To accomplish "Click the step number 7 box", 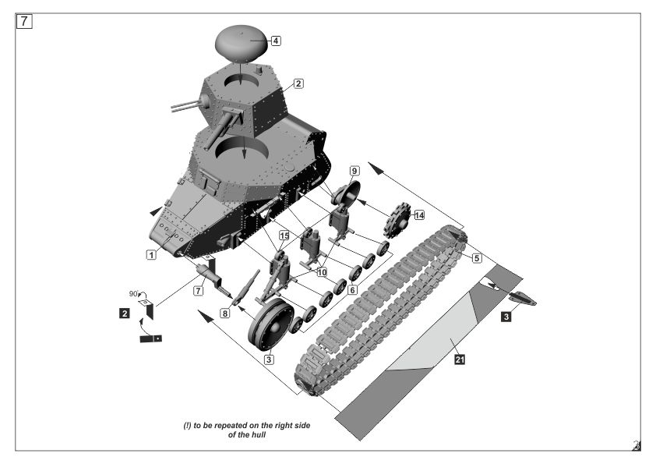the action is tap(24, 21).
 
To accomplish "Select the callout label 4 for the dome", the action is tap(276, 41).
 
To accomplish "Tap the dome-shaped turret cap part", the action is tap(242, 43).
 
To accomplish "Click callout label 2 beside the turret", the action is tap(298, 83).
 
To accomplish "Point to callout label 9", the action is tap(354, 171).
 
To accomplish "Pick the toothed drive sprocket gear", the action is tap(397, 220).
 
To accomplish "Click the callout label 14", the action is tap(419, 215).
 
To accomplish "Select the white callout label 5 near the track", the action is tap(477, 258).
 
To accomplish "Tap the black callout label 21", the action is tap(460, 360).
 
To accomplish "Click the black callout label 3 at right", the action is tap(506, 317).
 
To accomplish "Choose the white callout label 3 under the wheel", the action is tap(269, 360).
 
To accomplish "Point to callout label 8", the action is tap(225, 313).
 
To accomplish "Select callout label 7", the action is tap(199, 290).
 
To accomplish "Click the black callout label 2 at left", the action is tap(124, 313).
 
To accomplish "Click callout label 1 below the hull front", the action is tap(151, 254).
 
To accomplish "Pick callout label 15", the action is tap(284, 236).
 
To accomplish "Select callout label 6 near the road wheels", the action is tap(353, 290).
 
